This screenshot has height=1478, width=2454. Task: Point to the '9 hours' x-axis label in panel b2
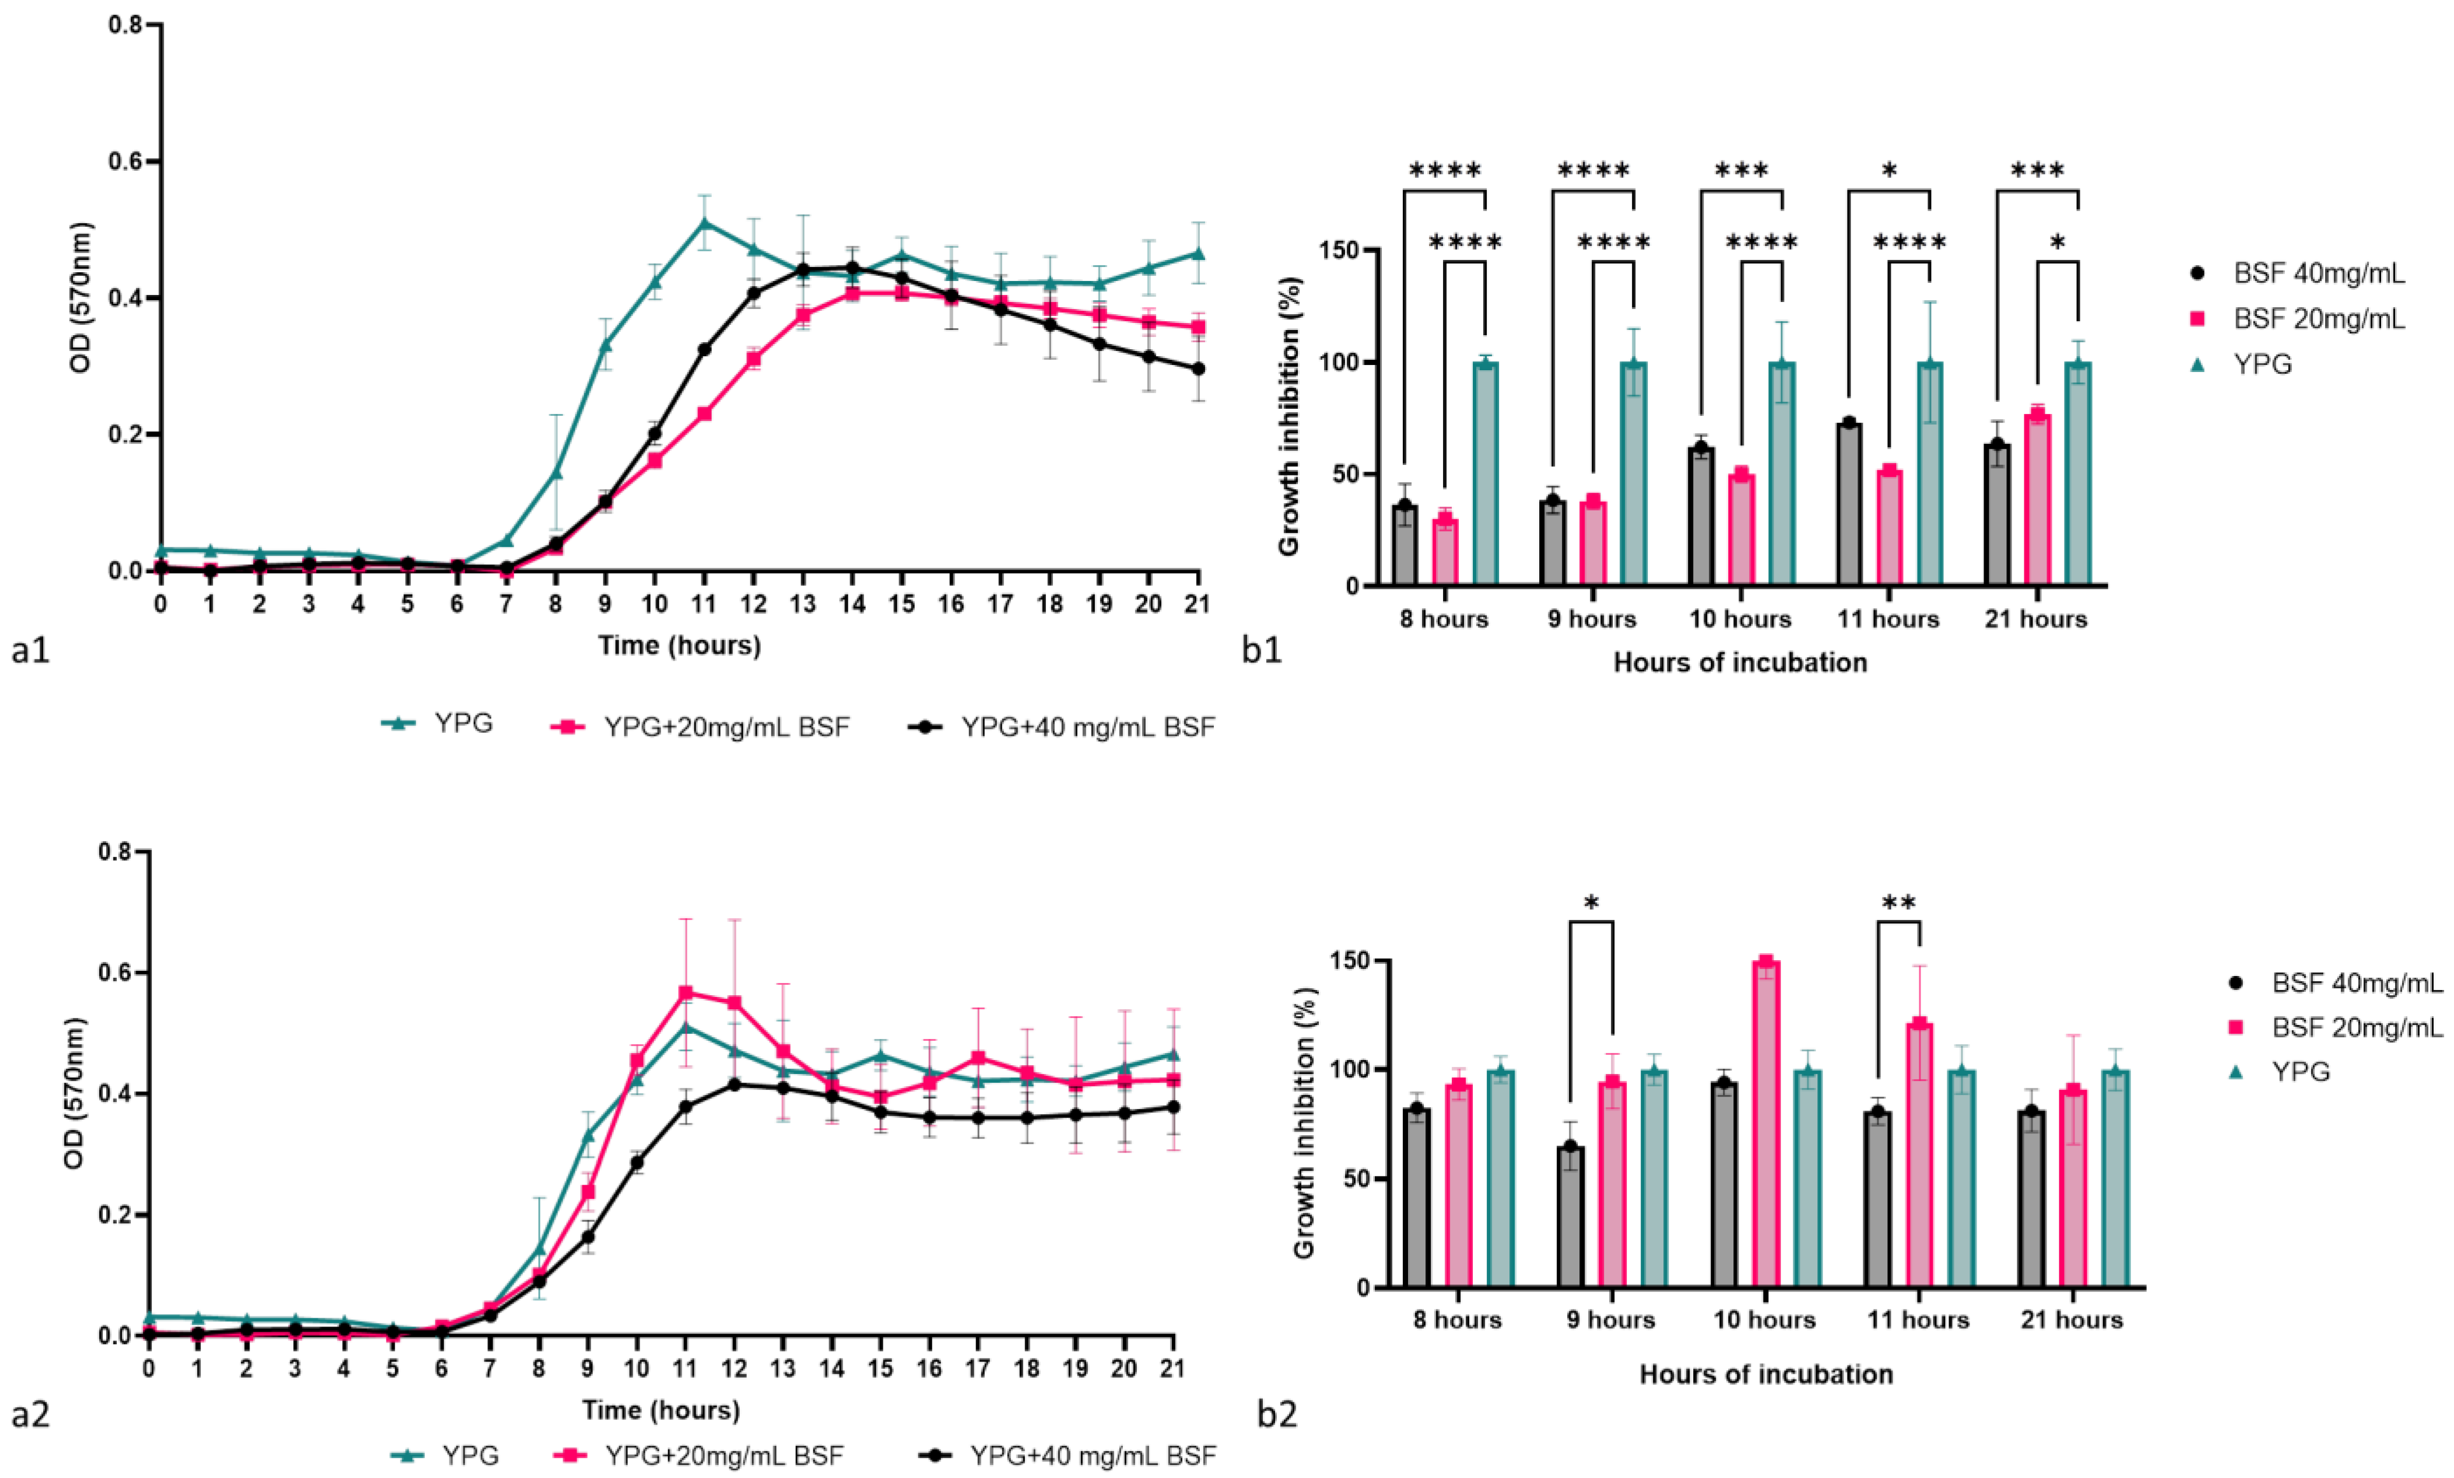[1607, 1319]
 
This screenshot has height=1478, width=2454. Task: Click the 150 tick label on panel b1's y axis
[1340, 250]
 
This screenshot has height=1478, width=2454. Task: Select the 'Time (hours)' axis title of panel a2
[661, 1410]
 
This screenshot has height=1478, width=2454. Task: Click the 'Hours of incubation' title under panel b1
[1740, 662]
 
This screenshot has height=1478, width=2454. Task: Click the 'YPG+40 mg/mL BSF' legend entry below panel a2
[1093, 1456]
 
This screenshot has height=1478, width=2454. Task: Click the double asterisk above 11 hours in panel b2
[1898, 903]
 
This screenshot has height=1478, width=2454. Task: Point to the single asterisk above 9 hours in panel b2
[1591, 903]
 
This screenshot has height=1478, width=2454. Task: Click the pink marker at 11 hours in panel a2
[685, 993]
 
